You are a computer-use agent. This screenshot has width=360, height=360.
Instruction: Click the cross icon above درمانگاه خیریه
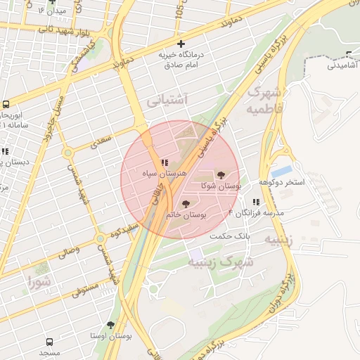pyautogui.click(x=181, y=44)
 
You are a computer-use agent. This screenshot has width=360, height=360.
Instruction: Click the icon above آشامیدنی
pyautogui.click(x=350, y=55)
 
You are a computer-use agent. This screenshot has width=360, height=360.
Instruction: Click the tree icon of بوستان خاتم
pyautogui.click(x=186, y=204)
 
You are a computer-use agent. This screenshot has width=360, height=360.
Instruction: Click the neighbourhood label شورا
pyautogui.click(x=40, y=283)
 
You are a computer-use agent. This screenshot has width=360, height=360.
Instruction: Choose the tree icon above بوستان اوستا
pyautogui.click(x=110, y=325)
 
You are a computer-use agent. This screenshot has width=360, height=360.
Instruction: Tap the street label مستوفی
pyautogui.click(x=84, y=288)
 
